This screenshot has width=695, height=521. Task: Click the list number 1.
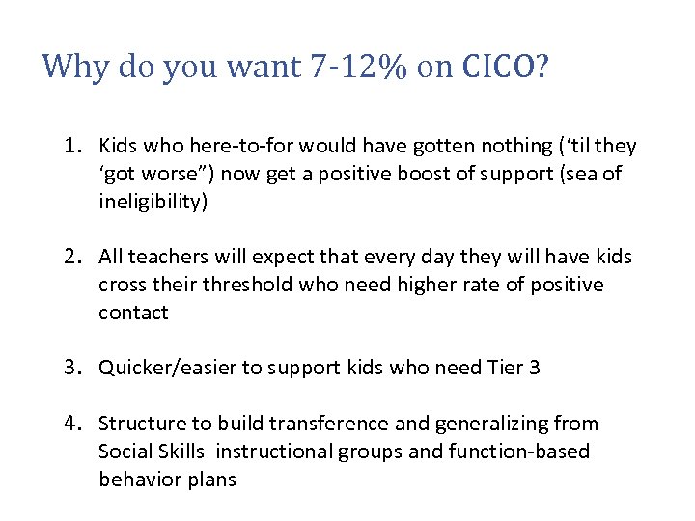pos(71,146)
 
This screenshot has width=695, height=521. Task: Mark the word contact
pos(133,313)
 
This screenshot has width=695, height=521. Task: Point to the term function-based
pos(523,452)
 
